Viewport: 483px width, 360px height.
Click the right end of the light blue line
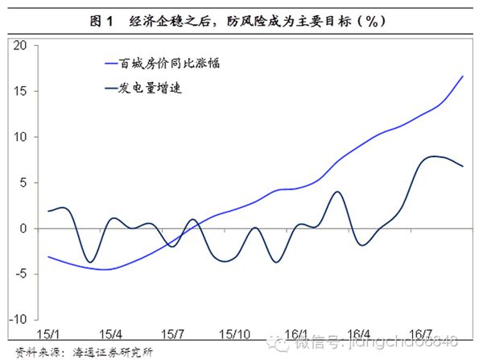[463, 76]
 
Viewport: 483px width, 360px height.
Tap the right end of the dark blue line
[463, 166]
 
